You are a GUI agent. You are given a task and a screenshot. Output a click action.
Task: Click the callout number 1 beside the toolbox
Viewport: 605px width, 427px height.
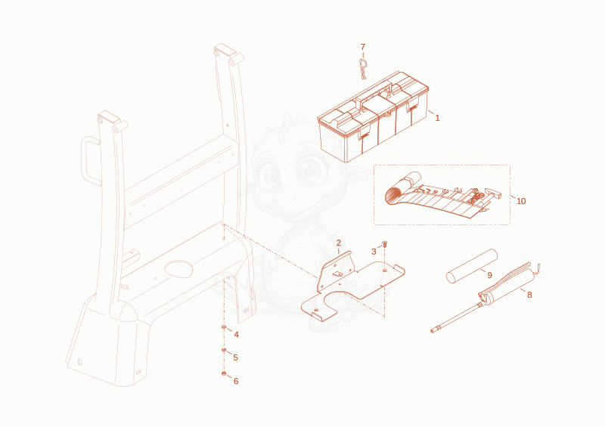437,118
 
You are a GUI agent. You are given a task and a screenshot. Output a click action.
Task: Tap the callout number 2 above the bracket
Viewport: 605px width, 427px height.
338,243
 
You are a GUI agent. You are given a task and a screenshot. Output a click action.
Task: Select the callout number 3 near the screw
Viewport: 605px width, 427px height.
374,252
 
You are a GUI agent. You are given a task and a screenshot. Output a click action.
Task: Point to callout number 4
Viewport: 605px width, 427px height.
236,335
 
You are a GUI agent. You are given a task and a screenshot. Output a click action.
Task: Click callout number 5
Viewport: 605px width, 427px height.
235,357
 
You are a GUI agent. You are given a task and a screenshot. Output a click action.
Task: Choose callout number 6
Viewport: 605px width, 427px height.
236,381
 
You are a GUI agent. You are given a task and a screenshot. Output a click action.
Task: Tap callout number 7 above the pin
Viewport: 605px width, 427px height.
363,47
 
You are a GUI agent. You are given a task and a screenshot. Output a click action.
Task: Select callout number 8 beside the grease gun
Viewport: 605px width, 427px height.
529,295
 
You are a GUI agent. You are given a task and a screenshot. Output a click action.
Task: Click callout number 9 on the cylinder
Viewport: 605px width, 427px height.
489,275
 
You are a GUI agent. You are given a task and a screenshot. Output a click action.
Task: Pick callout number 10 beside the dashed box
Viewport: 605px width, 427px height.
521,201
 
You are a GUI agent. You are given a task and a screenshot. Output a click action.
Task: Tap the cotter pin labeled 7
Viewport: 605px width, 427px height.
363,69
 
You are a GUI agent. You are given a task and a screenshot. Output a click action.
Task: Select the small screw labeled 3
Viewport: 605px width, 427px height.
384,243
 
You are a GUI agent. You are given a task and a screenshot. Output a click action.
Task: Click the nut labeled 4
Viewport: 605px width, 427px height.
224,327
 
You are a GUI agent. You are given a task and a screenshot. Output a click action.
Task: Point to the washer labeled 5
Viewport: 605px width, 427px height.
224,350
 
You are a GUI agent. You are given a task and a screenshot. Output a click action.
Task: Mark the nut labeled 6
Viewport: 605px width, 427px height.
224,373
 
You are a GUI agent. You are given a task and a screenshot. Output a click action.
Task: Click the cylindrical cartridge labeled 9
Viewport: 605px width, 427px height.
471,266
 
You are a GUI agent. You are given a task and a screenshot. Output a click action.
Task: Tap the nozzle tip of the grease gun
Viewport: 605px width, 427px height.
433,330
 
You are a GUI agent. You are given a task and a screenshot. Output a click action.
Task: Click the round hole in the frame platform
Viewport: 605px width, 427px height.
178,269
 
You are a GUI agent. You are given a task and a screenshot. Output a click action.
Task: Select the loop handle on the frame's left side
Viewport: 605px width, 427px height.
85,161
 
